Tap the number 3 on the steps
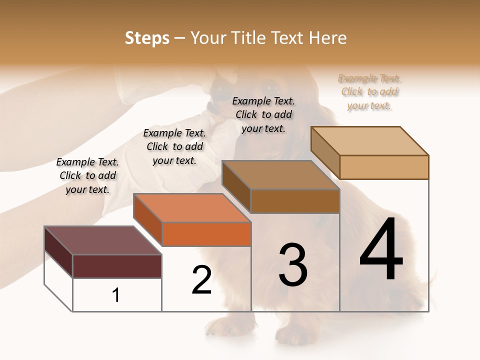point(293,265)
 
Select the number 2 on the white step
point(202,279)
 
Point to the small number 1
point(116,295)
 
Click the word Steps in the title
point(147,38)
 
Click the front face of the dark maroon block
point(117,266)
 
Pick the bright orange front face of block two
point(206,234)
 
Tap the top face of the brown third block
point(280,175)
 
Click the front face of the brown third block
point(295,201)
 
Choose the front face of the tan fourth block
point(384,167)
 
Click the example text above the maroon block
point(87,175)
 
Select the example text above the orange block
point(174,146)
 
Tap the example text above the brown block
point(263,114)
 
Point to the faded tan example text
point(369,92)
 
